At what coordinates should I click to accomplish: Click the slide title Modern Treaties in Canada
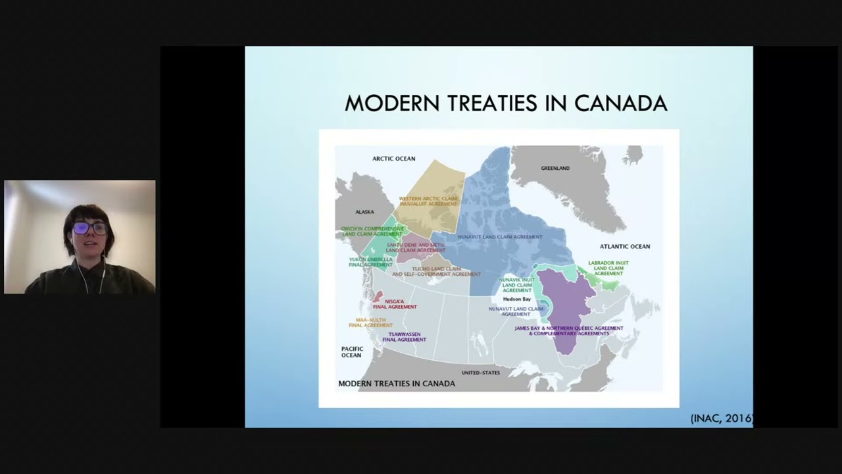pos(506,103)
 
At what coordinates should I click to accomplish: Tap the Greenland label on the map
pos(555,169)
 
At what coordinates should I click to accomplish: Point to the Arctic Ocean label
pos(394,159)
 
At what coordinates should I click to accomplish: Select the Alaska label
pos(364,212)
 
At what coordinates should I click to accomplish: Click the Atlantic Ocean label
pos(624,246)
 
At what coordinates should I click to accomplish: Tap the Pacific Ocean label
pos(352,352)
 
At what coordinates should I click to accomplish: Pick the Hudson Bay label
pos(517,300)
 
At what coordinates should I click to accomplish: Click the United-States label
pos(480,373)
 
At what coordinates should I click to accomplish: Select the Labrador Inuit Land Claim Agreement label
pos(608,268)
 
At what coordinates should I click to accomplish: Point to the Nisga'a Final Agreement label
pos(395,304)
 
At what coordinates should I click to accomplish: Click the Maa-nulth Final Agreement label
pos(370,323)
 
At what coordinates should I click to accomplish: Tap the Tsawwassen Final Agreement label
pos(405,337)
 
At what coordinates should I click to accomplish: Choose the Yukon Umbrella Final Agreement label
pos(370,262)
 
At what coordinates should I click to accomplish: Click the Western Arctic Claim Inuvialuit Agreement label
pos(428,201)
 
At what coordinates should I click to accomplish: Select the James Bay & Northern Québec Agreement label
pos(569,330)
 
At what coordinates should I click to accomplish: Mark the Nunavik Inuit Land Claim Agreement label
pos(516,285)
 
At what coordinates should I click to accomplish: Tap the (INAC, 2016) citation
pos(721,419)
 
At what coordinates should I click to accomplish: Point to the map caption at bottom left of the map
pos(397,383)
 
